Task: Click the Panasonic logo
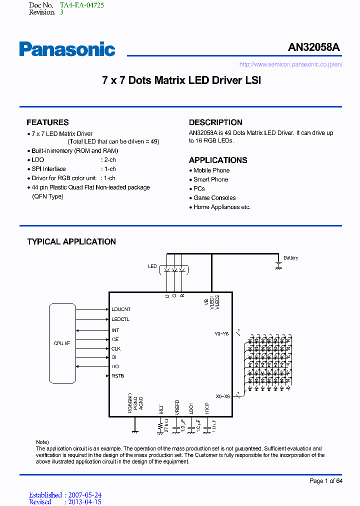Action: tap(67, 49)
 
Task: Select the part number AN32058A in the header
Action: tap(313, 47)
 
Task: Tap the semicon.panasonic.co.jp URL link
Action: tap(290, 64)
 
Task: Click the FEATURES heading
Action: tap(47, 122)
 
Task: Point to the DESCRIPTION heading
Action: tap(215, 122)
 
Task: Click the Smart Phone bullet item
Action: tap(210, 179)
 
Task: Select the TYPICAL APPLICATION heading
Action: tap(71, 242)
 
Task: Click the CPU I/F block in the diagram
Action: tap(62, 343)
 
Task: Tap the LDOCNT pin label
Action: tap(121, 309)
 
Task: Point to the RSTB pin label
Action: tap(118, 376)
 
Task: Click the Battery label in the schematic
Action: tap(290, 258)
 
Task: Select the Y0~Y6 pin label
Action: tap(221, 334)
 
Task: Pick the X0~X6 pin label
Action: tap(222, 396)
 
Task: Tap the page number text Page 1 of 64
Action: tap(325, 481)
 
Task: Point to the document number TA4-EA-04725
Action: tap(82, 5)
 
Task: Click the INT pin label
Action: tap(115, 330)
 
